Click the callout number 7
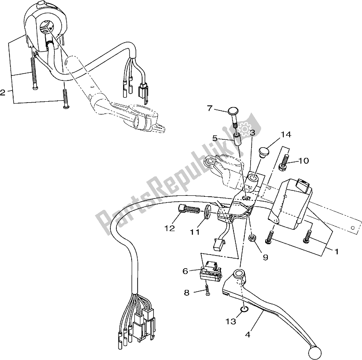pyautogui.click(x=210, y=108)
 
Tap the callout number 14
pyautogui.click(x=286, y=134)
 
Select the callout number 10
pyautogui.click(x=304, y=161)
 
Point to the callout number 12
pyautogui.click(x=170, y=228)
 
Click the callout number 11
pyautogui.click(x=195, y=232)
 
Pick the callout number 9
pyautogui.click(x=266, y=257)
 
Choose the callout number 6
pyautogui.click(x=186, y=271)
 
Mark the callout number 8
pyautogui.click(x=186, y=293)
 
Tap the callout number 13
pyautogui.click(x=231, y=321)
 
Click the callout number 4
pyautogui.click(x=248, y=334)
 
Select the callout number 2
pyautogui.click(x=3, y=93)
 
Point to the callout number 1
pyautogui.click(x=336, y=251)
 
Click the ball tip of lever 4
pyautogui.click(x=314, y=353)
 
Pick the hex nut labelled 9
pyautogui.click(x=252, y=238)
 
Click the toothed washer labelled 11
pyautogui.click(x=207, y=211)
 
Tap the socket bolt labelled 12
pyautogui.click(x=189, y=209)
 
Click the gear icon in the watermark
pyautogui.click(x=244, y=128)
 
